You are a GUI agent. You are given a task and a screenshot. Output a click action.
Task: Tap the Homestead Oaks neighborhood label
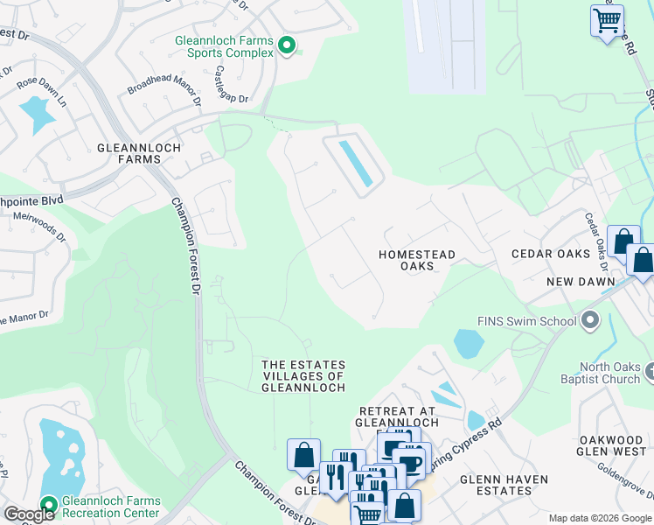click(417, 260)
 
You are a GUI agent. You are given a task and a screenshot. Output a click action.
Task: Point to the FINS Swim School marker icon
click(590, 320)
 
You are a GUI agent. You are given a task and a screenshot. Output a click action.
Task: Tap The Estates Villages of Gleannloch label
click(303, 375)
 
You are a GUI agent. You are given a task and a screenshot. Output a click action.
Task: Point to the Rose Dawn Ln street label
click(41, 92)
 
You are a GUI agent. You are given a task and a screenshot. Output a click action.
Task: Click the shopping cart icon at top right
click(606, 18)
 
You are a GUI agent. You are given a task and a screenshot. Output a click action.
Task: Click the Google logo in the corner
click(29, 514)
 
